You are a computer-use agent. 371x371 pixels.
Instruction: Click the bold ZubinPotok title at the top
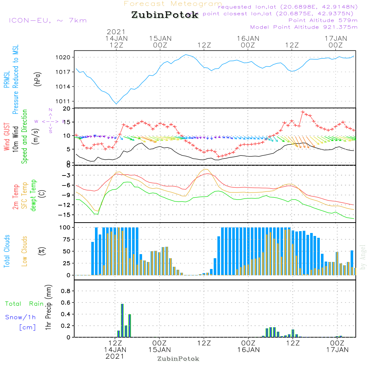click(x=165, y=15)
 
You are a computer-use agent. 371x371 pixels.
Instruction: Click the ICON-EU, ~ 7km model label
click(x=47, y=20)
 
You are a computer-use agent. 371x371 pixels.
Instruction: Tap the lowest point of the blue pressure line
click(x=116, y=104)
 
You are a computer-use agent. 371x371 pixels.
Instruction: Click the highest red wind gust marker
click(x=303, y=112)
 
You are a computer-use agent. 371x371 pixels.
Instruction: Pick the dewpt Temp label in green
click(x=33, y=195)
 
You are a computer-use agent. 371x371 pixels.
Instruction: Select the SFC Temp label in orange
click(x=24, y=195)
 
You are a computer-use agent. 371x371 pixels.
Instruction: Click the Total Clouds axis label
click(x=7, y=251)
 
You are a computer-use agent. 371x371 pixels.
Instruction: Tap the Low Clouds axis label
click(x=24, y=251)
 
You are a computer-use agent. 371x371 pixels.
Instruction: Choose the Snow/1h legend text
click(x=21, y=317)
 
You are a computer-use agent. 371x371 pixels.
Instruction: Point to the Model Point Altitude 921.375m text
click(x=304, y=27)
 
